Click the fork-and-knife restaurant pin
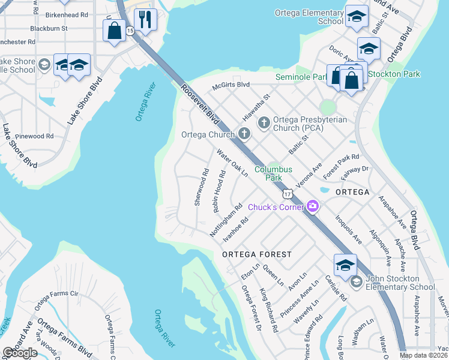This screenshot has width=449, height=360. (145, 21)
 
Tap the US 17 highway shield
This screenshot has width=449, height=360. (288, 193)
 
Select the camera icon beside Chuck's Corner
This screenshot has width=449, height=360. (312, 207)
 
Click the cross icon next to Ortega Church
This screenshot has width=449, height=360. (244, 134)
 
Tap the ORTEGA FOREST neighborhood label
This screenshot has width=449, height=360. (256, 254)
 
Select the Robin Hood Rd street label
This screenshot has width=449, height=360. (218, 191)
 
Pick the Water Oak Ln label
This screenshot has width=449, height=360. (233, 163)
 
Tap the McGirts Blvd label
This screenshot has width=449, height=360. (231, 85)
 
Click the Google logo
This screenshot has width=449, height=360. (20, 353)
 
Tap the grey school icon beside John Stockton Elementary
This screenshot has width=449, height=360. (356, 282)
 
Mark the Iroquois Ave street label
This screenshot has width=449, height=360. (349, 229)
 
